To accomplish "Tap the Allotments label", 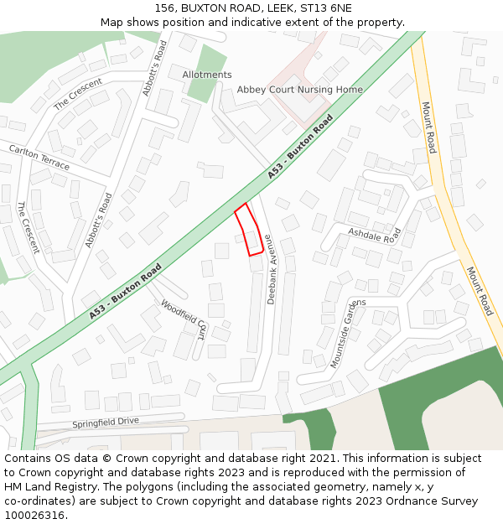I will [x=206, y=75].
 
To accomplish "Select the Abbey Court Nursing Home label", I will [x=299, y=90].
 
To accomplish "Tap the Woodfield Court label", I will [x=184, y=319].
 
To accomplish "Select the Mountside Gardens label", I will [x=348, y=333].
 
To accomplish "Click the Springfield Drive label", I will [x=106, y=423].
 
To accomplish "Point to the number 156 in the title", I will [x=164, y=8].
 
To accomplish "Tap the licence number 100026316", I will [x=35, y=516].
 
